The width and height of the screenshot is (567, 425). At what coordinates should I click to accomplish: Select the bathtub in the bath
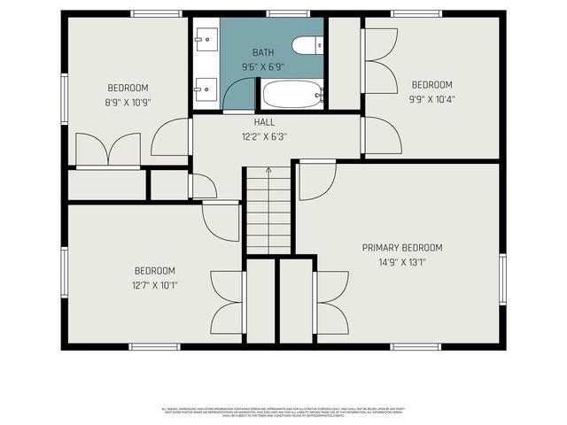tap(291, 94)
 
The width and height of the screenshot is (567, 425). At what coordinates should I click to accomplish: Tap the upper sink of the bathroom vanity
tap(206, 38)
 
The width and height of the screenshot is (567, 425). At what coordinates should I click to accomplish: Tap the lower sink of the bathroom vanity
tap(206, 88)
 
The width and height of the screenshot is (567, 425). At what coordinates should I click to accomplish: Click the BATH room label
tap(263, 53)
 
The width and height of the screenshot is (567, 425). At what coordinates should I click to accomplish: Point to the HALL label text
tap(264, 122)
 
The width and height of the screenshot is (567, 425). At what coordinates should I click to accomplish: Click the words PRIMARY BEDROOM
tap(401, 247)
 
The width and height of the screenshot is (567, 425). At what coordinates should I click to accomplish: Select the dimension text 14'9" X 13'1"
tap(401, 262)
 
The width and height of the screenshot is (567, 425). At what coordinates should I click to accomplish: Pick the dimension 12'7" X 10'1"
tap(154, 285)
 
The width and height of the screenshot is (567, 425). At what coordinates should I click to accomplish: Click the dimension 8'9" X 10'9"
tap(128, 102)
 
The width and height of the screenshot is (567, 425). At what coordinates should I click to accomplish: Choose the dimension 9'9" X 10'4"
tap(431, 99)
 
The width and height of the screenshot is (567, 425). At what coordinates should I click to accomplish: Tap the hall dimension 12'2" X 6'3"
tap(264, 136)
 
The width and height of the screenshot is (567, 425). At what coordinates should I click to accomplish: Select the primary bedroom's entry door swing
tap(315, 180)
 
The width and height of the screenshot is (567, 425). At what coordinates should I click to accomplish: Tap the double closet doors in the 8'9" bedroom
tap(108, 149)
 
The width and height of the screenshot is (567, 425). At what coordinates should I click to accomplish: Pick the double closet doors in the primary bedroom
tap(331, 301)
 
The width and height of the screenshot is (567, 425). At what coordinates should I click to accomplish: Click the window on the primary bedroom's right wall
tap(501, 279)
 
